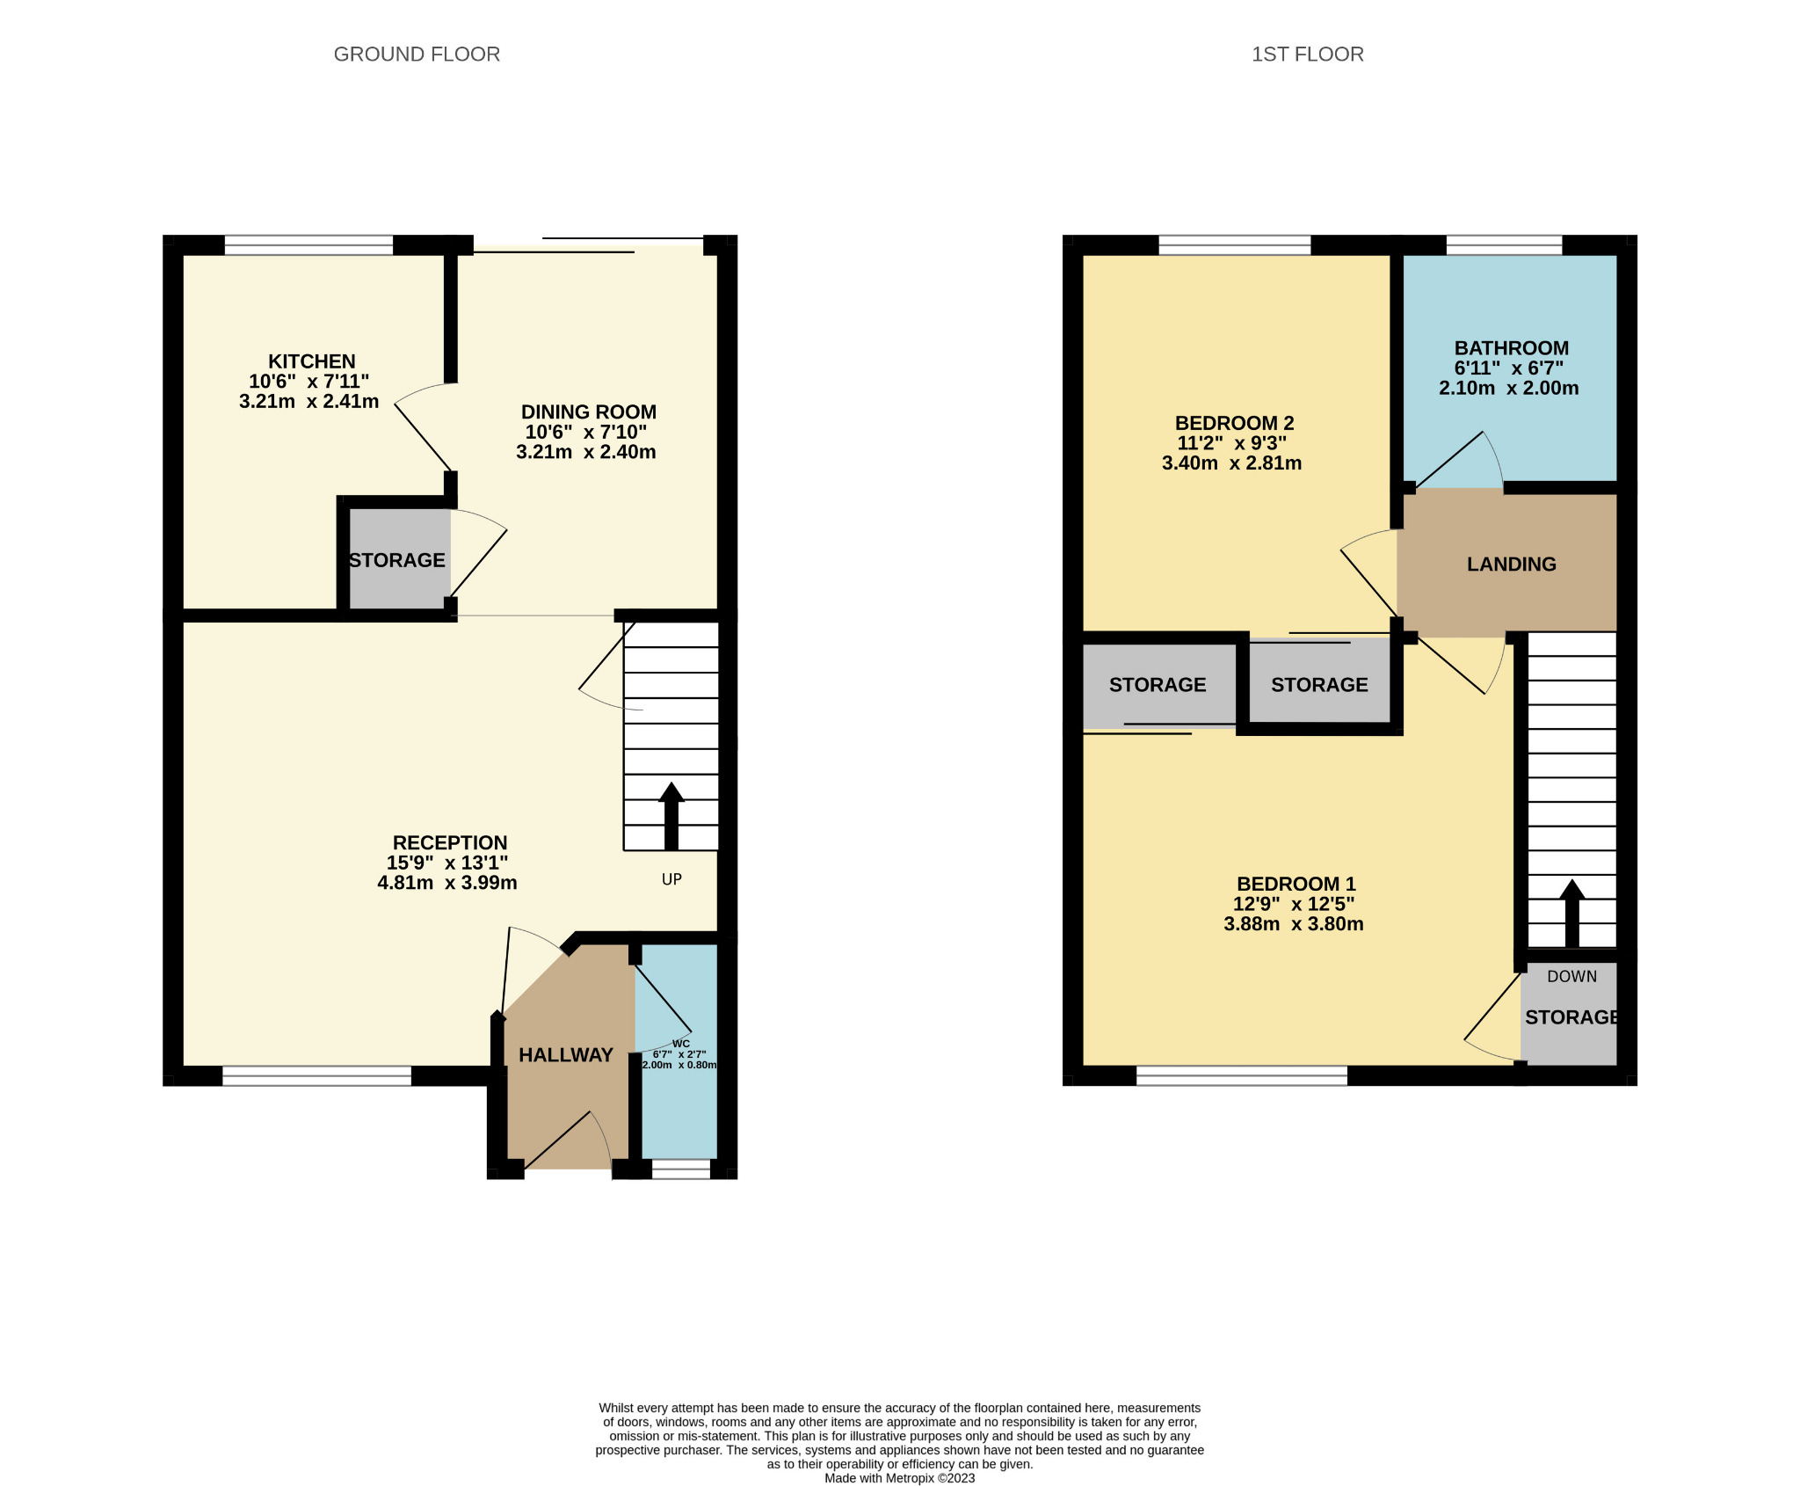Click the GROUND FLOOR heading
tap(417, 55)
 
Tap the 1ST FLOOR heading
tap(1307, 55)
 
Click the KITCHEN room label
tap(311, 361)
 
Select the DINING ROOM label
tap(588, 412)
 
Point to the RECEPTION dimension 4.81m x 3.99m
tap(446, 883)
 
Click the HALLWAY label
tap(565, 1055)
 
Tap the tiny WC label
tap(680, 1044)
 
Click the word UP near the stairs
tap(671, 879)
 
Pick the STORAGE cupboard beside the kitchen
tap(397, 560)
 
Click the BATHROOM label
tap(1511, 348)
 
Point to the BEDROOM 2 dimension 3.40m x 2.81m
tap(1231, 463)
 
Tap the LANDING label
tap(1511, 565)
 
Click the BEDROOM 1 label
tap(1296, 884)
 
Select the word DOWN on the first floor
tap(1571, 976)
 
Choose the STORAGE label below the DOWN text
tap(1571, 1017)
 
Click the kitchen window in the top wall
tap(308, 245)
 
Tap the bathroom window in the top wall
tap(1504, 245)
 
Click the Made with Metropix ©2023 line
tap(899, 1478)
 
